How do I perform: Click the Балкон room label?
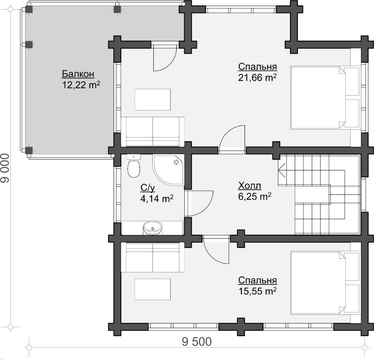(78, 74)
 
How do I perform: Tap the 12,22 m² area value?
(81, 85)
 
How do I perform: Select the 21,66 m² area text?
(257, 78)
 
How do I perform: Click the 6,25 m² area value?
(255, 196)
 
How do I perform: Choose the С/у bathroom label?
(148, 188)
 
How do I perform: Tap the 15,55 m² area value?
(257, 291)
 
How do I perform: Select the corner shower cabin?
(169, 170)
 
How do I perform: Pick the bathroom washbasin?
(153, 228)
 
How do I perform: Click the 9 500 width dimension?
(197, 342)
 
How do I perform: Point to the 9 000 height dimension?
(5, 168)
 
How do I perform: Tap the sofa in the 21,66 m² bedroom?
(153, 132)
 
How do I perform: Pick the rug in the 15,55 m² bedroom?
(153, 289)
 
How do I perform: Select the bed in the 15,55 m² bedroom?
(325, 282)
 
